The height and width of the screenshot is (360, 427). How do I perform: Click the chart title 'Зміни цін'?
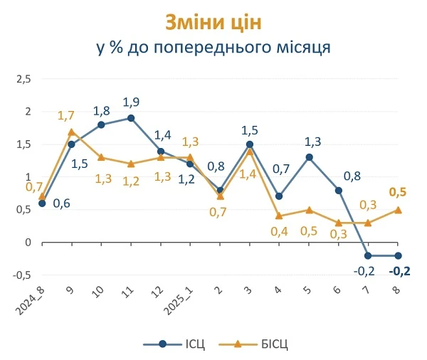(213, 22)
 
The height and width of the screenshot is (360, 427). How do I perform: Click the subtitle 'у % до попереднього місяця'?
(213, 48)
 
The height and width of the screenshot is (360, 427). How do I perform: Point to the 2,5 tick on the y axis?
(24, 79)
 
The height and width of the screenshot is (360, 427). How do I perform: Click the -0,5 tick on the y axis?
(23, 275)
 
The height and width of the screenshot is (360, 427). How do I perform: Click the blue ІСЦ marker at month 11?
(131, 118)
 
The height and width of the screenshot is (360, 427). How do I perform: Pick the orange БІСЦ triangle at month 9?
(71, 132)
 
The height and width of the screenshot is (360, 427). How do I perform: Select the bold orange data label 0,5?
(398, 192)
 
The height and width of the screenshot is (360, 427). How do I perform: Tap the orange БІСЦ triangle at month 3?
(250, 151)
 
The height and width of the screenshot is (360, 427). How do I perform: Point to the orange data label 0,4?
(279, 231)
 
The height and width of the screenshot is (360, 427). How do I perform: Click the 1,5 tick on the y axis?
(24, 144)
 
